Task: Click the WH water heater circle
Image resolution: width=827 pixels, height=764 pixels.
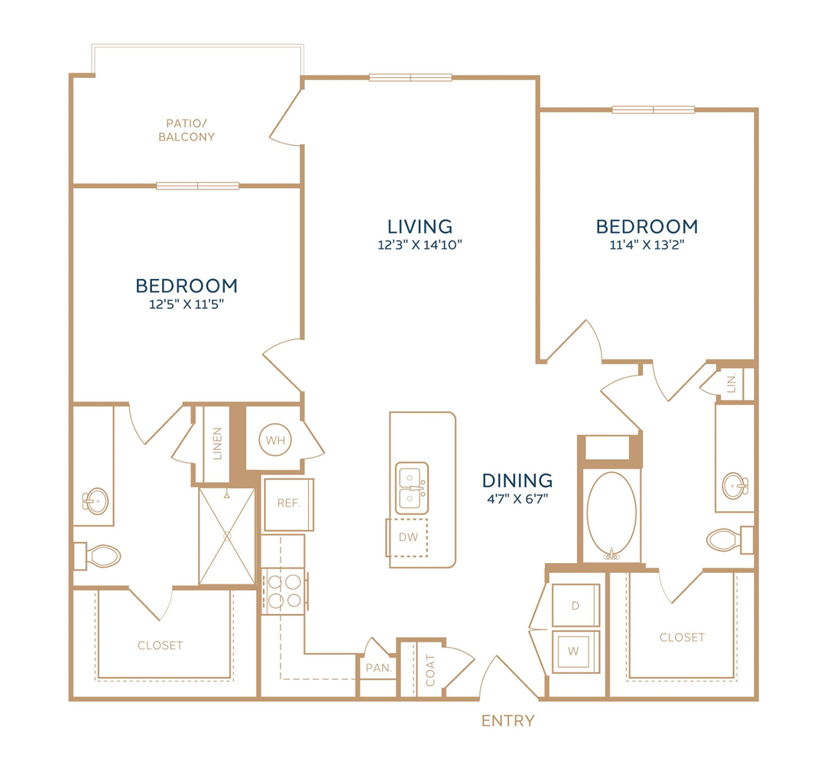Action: [275, 440]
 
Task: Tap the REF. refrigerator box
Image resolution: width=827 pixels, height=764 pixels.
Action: [288, 504]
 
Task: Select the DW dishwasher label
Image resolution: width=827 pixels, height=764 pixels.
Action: [408, 537]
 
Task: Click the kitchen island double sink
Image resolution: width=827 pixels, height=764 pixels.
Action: [412, 488]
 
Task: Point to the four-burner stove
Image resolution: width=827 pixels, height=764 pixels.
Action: [284, 591]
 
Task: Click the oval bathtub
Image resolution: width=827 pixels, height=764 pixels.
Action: [611, 513]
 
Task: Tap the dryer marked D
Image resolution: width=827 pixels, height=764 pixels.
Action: [576, 605]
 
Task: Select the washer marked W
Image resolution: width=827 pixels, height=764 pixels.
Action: [576, 652]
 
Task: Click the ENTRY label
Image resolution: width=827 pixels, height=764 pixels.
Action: [508, 720]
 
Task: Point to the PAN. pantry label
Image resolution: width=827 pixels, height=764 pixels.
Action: [378, 668]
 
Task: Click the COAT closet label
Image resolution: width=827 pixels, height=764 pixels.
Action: [430, 671]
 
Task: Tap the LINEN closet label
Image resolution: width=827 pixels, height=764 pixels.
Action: [217, 443]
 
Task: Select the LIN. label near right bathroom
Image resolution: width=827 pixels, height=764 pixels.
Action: [731, 384]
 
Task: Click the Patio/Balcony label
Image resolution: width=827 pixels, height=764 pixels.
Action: [186, 130]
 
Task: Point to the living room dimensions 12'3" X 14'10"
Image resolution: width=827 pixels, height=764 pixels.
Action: [420, 244]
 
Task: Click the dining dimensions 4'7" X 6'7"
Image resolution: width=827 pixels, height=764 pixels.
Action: [517, 499]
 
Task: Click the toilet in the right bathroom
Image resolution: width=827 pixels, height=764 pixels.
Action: [731, 540]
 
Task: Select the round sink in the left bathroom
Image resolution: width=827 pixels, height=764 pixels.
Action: [96, 501]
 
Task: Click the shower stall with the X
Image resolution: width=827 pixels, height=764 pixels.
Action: [227, 536]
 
